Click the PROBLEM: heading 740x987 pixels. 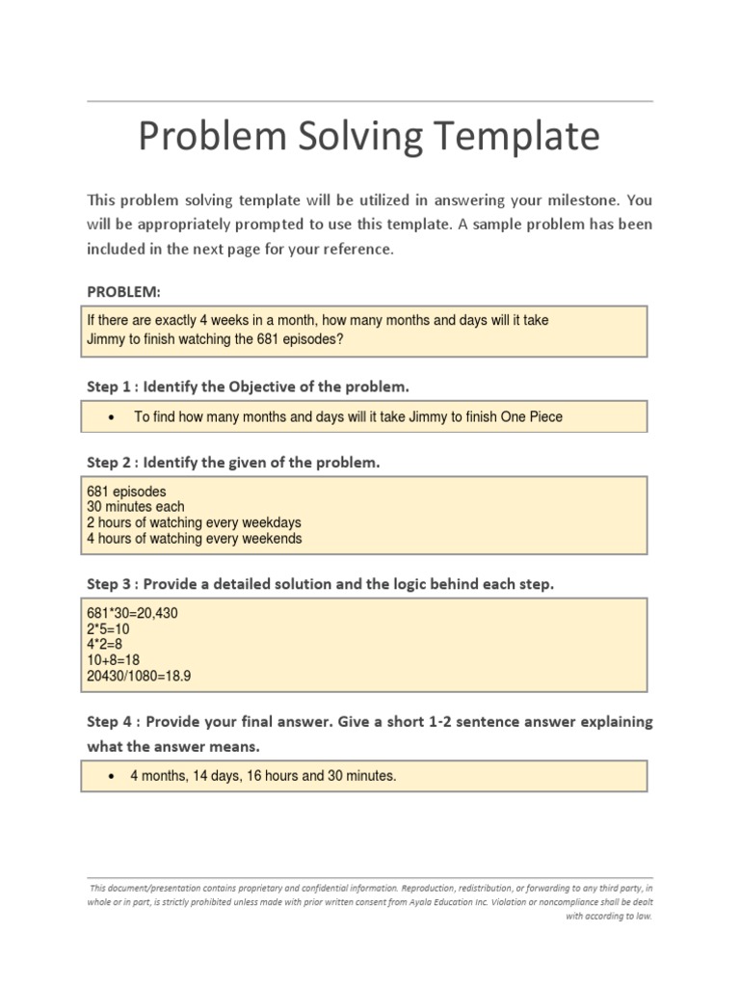pyautogui.click(x=123, y=291)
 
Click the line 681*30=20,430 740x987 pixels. pyautogui.click(x=132, y=613)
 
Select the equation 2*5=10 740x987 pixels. pyautogui.click(x=108, y=630)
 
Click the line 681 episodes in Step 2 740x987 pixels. pyautogui.click(x=126, y=492)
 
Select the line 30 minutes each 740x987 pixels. pyautogui.click(x=135, y=507)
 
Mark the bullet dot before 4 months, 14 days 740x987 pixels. pyautogui.click(x=113, y=776)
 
